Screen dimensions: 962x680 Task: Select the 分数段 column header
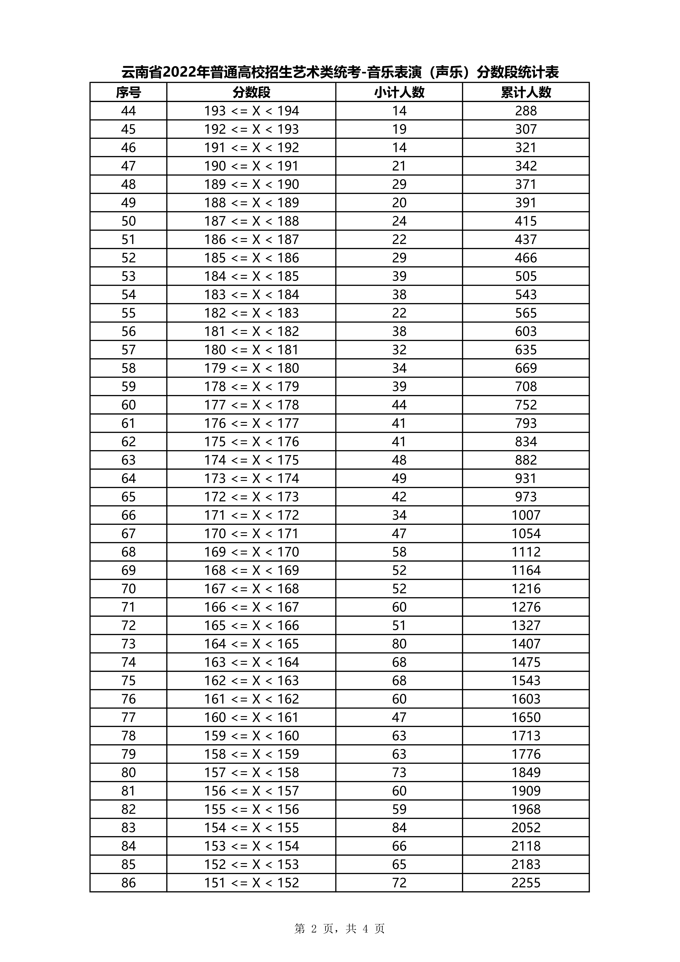(x=251, y=92)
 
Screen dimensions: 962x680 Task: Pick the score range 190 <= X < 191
(x=251, y=166)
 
